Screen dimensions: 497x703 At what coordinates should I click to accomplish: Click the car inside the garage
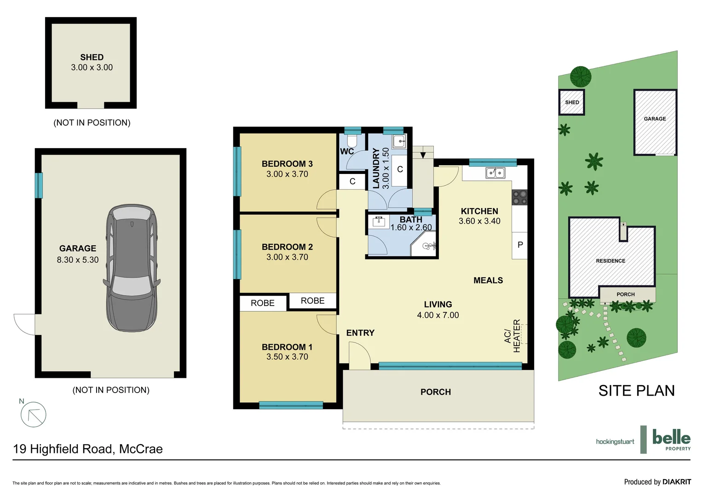pyautogui.click(x=132, y=268)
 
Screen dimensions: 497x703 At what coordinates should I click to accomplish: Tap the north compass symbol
pyautogui.click(x=33, y=414)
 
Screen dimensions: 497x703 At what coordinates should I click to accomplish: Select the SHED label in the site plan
pyautogui.click(x=572, y=102)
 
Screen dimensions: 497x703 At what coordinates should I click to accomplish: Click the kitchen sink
pyautogui.click(x=495, y=173)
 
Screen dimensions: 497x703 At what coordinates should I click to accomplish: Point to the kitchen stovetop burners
pyautogui.click(x=519, y=197)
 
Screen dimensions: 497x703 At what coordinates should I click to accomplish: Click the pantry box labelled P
pyautogui.click(x=520, y=245)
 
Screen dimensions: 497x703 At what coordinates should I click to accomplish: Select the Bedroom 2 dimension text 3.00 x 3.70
pyautogui.click(x=287, y=257)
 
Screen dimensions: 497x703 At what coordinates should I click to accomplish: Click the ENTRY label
pyautogui.click(x=360, y=333)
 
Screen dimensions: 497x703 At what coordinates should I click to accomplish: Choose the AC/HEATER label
pyautogui.click(x=512, y=336)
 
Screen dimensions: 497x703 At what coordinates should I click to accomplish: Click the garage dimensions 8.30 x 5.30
pyautogui.click(x=78, y=260)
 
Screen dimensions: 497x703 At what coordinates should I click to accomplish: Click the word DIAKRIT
pyautogui.click(x=676, y=482)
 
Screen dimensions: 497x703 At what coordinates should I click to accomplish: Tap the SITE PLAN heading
pyautogui.click(x=636, y=391)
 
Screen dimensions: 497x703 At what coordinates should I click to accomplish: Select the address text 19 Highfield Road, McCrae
pyautogui.click(x=88, y=449)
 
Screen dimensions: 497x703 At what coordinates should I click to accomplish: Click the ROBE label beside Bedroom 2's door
pyautogui.click(x=312, y=301)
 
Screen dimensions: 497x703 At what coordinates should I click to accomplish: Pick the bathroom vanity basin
pyautogui.click(x=379, y=222)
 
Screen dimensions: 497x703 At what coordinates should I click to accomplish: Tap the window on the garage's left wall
pyautogui.click(x=39, y=185)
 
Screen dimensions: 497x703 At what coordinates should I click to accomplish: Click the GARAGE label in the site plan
pyautogui.click(x=655, y=119)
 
